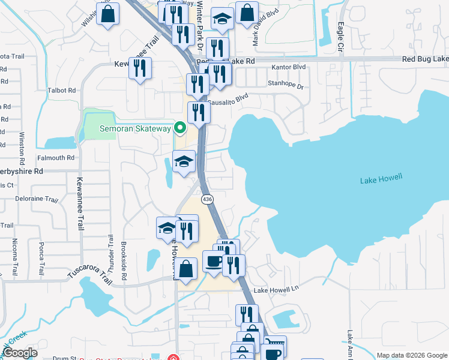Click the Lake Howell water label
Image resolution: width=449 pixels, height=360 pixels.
[x=381, y=179]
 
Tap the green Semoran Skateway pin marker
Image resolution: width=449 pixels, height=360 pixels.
[x=179, y=128]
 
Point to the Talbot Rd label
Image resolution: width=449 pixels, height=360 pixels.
[x=64, y=90]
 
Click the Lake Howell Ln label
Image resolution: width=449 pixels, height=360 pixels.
[x=276, y=290]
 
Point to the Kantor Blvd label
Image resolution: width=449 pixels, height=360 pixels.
[x=289, y=67]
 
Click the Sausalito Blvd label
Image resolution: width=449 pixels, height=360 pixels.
[x=228, y=98]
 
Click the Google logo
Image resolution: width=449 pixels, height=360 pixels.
[x=20, y=353]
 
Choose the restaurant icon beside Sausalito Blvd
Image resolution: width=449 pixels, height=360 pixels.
[x=198, y=113]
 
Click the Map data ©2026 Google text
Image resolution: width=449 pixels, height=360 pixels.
[x=411, y=355]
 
